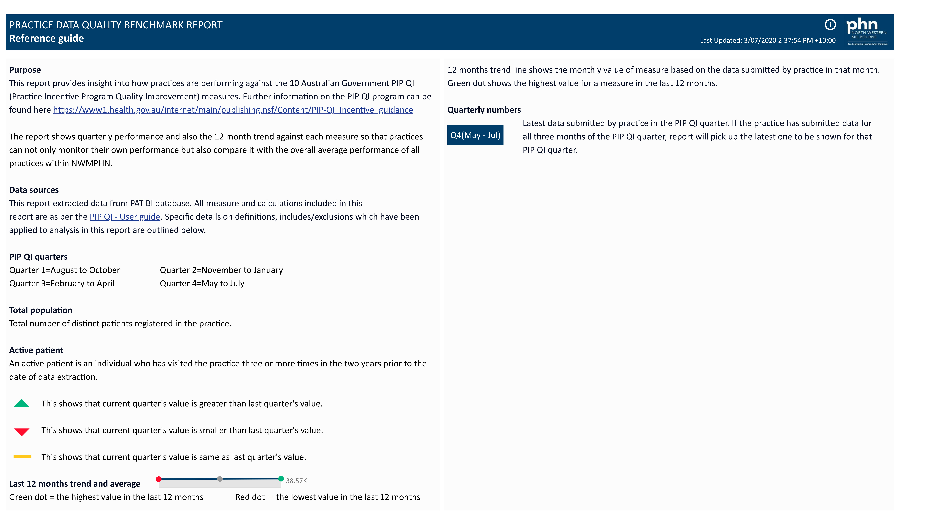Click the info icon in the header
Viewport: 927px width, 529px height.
[830, 25]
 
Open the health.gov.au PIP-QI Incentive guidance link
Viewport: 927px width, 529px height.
[233, 110]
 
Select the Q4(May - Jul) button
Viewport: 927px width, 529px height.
[475, 135]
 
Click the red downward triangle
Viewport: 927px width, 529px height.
[22, 431]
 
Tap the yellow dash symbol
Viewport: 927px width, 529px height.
[22, 457]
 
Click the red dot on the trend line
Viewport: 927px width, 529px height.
[159, 479]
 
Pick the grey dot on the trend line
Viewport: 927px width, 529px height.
[220, 479]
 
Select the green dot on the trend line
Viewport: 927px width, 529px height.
[281, 478]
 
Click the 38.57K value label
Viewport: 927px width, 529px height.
[296, 481]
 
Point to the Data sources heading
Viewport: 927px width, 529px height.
[34, 190]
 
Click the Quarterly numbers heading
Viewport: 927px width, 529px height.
[484, 110]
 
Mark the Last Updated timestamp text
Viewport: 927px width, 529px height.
[768, 40]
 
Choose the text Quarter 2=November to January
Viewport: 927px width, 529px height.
[221, 270]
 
